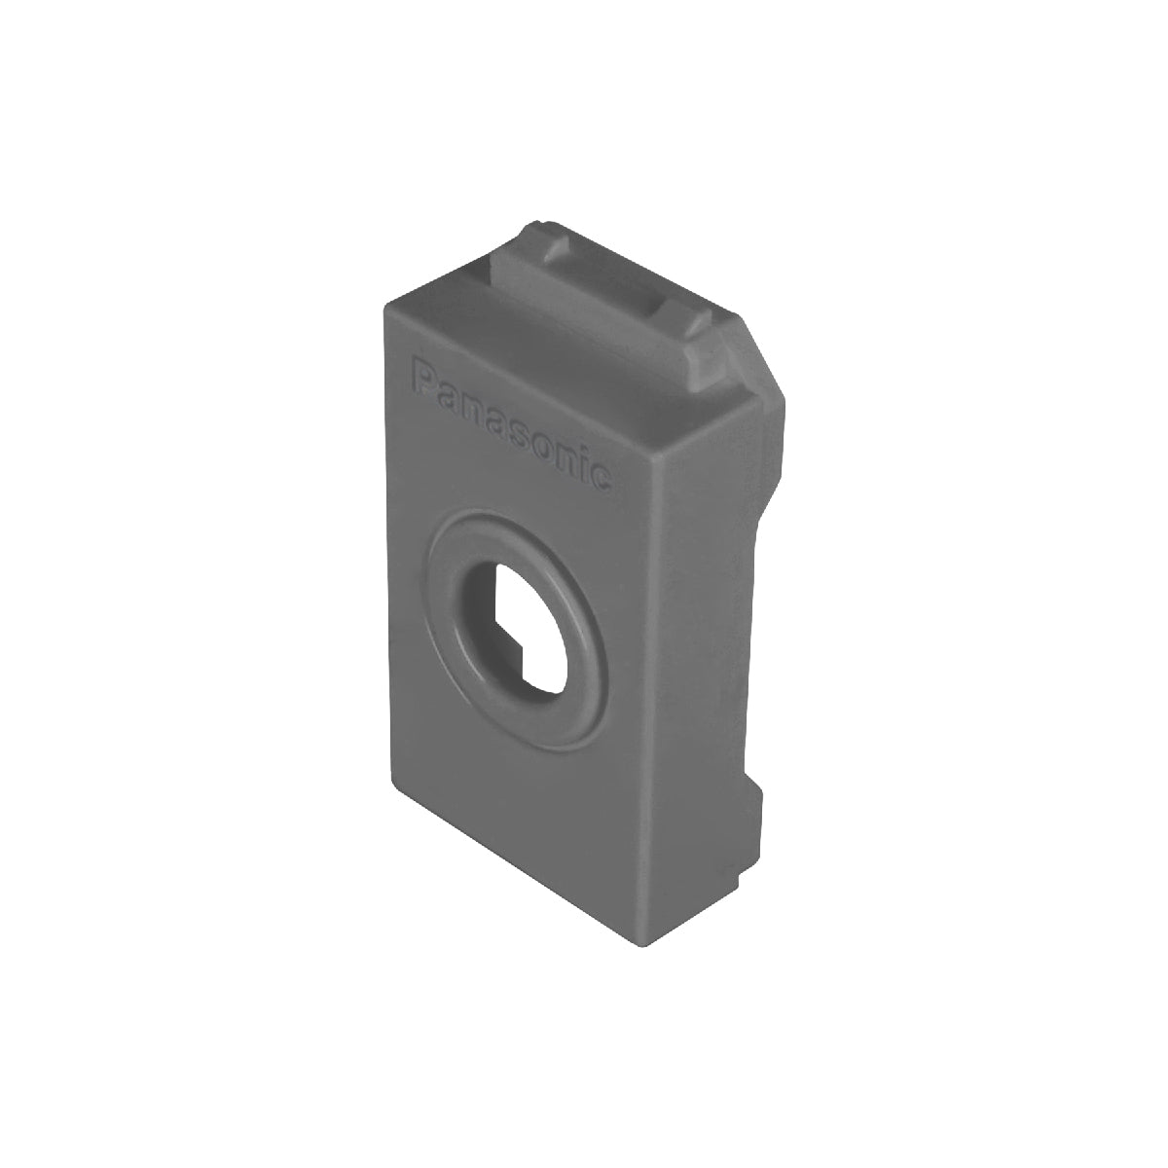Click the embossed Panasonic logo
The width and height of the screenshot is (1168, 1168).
510,423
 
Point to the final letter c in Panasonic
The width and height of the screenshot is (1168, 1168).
600,475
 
